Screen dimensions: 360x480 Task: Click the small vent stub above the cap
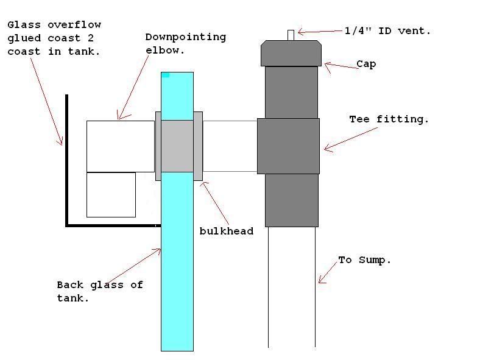tap(291, 35)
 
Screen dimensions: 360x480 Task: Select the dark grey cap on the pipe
tap(291, 53)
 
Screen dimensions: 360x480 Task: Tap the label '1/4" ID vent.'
tap(387, 30)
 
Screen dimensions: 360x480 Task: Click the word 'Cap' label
tap(365, 63)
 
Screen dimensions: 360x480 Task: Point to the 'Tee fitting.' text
tap(389, 119)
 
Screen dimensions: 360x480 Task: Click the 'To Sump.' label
tap(364, 260)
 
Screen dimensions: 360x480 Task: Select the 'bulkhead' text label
tap(226, 231)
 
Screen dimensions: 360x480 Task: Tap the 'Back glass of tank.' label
tap(99, 291)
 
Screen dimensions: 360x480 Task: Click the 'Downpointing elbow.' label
tap(185, 44)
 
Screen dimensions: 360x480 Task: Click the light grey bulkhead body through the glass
tap(177, 146)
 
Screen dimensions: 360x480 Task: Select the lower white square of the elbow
tap(111, 194)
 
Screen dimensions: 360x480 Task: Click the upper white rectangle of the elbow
tap(121, 146)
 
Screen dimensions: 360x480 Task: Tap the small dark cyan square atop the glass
tap(165, 75)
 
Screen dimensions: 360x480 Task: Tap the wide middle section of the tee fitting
tap(288, 146)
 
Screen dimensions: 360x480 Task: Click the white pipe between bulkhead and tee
tap(230, 146)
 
